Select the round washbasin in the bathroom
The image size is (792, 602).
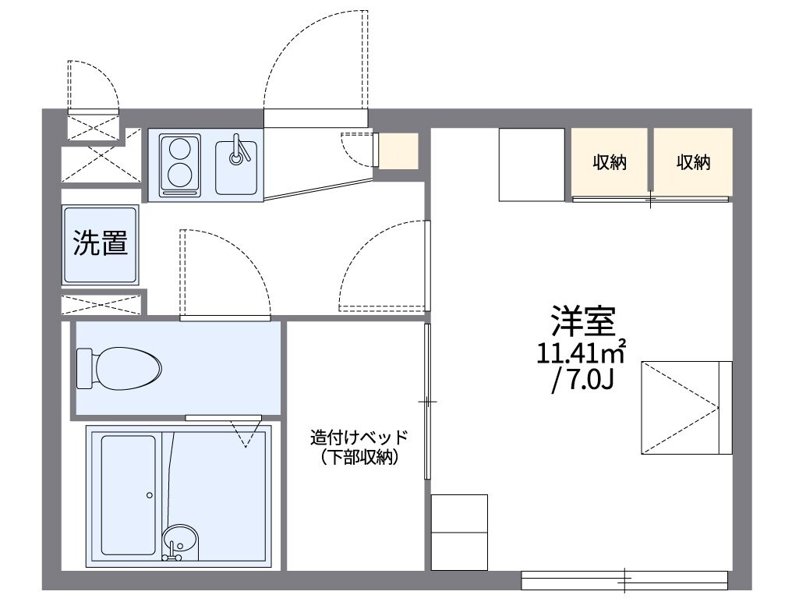pos(179,539)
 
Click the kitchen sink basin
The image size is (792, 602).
pos(237,165)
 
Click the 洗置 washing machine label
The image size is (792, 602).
pos(101,243)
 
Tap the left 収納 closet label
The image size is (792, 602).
pos(610,163)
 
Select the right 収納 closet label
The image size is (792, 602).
pos(693,163)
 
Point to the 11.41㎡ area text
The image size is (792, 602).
pos(582,353)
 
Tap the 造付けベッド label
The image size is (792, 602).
pos(358,437)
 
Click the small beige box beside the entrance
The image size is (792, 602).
pos(398,150)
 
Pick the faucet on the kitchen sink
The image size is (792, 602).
pos(238,149)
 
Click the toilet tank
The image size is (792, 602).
pos(85,367)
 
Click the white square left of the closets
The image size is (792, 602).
pos(531,164)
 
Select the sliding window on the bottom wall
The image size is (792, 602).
pos(624,580)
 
